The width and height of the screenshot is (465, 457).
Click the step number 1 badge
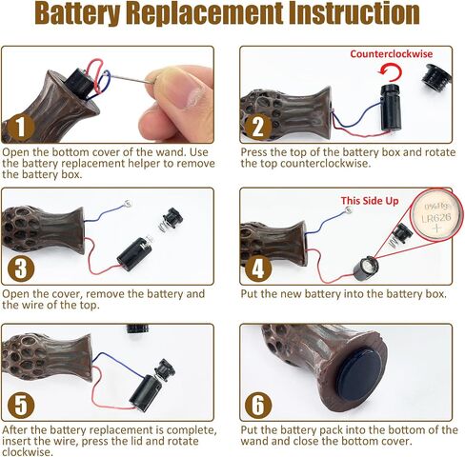tap(21, 128)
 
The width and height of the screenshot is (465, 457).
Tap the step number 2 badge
tap(258, 128)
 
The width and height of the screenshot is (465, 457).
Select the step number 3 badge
tap(21, 268)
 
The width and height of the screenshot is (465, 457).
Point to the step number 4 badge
tap(258, 268)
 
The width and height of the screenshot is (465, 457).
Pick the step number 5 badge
tap(21, 406)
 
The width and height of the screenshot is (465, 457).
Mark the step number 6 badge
tap(258, 406)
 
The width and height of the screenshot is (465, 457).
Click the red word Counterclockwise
tap(392, 53)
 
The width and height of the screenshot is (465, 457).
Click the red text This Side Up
tap(370, 201)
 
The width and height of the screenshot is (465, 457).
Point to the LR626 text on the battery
tap(436, 218)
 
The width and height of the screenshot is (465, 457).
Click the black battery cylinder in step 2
tap(391, 108)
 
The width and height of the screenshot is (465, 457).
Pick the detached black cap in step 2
tap(437, 78)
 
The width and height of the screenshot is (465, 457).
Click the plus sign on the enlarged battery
tap(437, 228)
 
